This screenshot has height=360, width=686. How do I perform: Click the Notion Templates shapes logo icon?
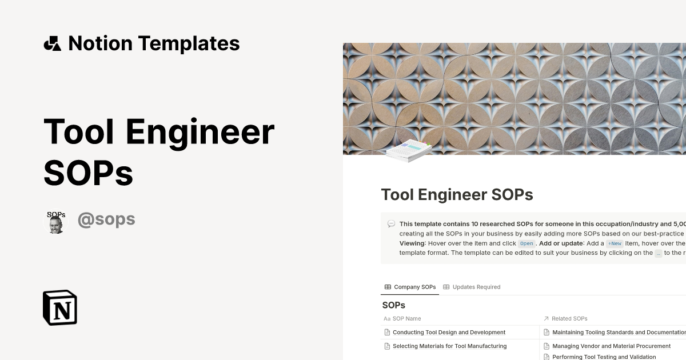coord(52,43)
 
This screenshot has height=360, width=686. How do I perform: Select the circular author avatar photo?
coord(56,221)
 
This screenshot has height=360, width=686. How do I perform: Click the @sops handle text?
coord(106,219)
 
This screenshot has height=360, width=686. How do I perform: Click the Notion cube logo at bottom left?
coord(60,307)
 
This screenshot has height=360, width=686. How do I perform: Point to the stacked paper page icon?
coord(408,150)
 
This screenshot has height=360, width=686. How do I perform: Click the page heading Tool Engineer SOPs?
coord(457,195)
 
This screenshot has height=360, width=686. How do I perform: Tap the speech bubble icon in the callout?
coord(391,224)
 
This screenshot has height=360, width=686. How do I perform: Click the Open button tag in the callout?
coord(527,243)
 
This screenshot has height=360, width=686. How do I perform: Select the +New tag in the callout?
coord(615,243)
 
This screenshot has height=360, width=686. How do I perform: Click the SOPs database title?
coord(393,305)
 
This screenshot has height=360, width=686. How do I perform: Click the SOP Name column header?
coord(406,318)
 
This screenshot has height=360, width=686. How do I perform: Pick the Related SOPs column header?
coord(569,318)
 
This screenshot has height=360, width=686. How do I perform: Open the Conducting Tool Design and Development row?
coord(449,332)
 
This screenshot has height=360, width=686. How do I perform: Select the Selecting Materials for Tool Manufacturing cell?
coord(449,346)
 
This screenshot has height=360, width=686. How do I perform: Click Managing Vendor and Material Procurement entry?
coord(611,346)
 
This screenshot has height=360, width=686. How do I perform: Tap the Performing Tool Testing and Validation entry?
coord(604,357)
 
